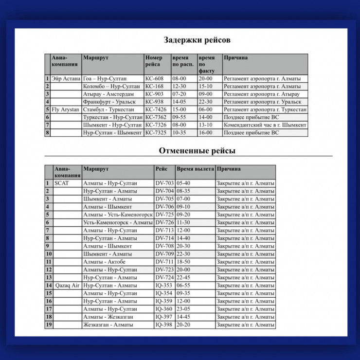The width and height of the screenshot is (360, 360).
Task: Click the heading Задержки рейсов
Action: click(197, 40)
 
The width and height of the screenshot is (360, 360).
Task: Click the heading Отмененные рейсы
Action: click(197, 151)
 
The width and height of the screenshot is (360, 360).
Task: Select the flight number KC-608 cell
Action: click(155, 78)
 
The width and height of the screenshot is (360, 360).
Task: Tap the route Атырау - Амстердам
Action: click(108, 94)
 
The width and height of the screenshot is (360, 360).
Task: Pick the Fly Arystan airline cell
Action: click(65, 110)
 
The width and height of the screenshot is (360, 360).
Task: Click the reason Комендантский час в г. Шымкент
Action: click(265, 126)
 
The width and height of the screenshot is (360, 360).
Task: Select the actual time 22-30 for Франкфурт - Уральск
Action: click(205, 102)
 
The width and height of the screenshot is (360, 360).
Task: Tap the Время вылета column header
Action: click(195, 169)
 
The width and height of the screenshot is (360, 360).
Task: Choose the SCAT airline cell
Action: click(62, 183)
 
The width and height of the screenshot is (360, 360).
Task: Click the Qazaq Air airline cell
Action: click(67, 286)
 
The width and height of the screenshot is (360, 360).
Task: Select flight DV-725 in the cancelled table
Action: click(164, 215)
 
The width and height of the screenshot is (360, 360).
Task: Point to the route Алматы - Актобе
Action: click(104, 262)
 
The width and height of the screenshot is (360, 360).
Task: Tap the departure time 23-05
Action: click(183, 309)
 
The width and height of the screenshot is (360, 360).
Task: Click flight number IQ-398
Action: click(164, 325)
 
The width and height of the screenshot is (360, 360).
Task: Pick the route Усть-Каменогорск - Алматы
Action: click(118, 222)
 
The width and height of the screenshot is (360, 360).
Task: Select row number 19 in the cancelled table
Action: click(49, 325)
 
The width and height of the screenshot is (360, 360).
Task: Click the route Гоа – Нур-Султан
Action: click(105, 78)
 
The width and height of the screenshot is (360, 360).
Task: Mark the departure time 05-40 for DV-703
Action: click(183, 183)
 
